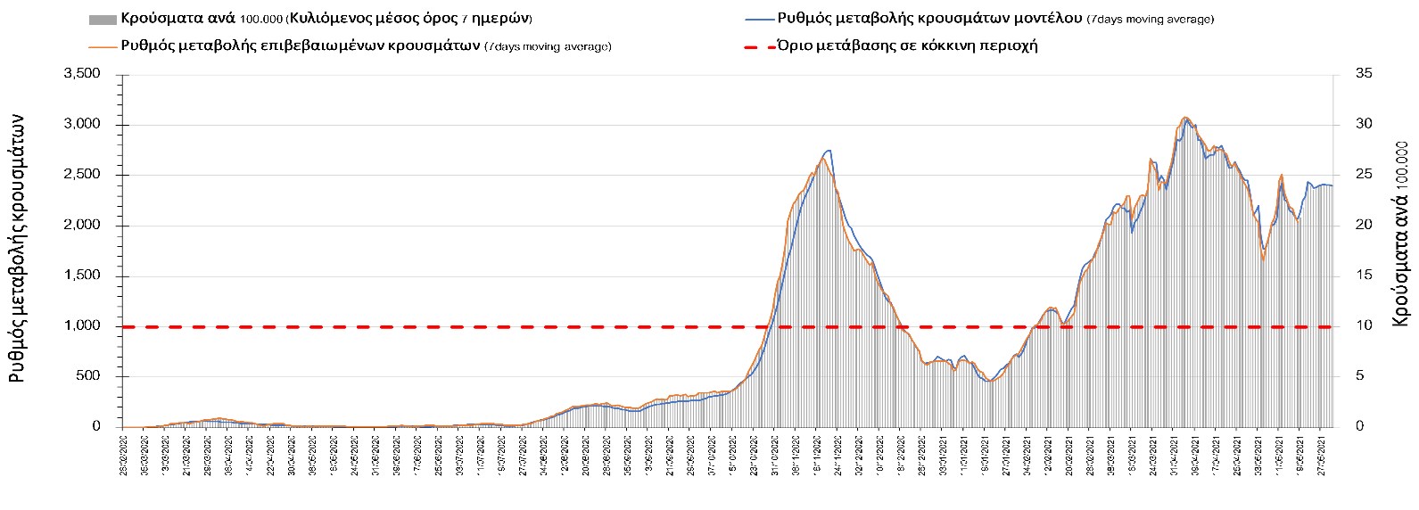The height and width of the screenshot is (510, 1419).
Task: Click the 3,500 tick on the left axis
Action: pos(82,74)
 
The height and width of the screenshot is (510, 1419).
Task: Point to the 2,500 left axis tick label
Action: pos(82,175)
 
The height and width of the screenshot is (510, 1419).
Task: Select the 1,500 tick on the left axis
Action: pos(82,276)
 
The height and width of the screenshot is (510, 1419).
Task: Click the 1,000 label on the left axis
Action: pos(82,326)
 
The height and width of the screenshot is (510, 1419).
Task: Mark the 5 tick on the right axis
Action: pos(1360,376)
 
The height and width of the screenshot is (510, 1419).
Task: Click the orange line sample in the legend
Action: pos(102,46)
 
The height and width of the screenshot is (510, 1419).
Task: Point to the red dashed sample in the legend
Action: pos(759,46)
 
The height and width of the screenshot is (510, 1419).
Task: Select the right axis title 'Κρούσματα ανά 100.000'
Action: pos(1400,233)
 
